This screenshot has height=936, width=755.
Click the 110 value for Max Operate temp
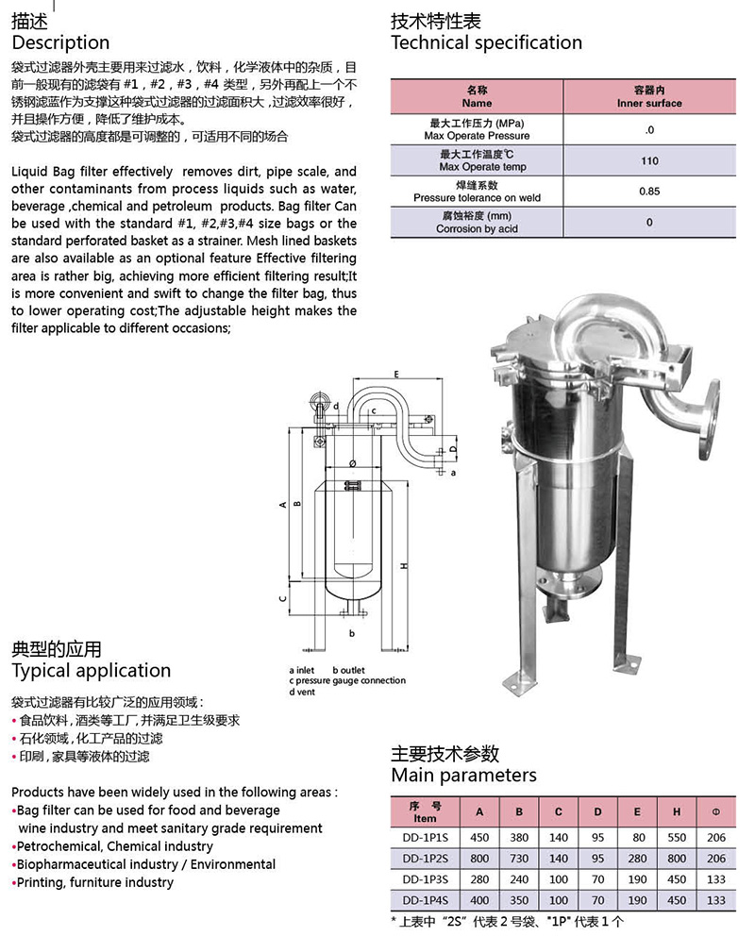pos(649,161)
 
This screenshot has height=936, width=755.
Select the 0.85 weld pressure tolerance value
pos(649,192)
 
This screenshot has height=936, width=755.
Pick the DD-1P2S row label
pos(425,859)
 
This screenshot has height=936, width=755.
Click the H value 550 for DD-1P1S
pos(677,838)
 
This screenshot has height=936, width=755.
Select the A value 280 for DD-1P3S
pos(479,879)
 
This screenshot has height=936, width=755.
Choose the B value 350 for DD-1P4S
pos(518,900)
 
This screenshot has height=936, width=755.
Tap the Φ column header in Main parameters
pos(716,812)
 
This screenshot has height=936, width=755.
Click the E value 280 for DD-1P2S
pos(638,859)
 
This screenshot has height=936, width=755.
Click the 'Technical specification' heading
pos(486,42)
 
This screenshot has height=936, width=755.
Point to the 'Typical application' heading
pos(91,671)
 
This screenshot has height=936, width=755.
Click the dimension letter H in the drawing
pos(403,566)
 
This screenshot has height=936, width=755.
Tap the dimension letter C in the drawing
pos(282,598)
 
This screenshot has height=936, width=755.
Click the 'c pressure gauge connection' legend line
pos(347,680)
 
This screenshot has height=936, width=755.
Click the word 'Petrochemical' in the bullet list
pos(55,846)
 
